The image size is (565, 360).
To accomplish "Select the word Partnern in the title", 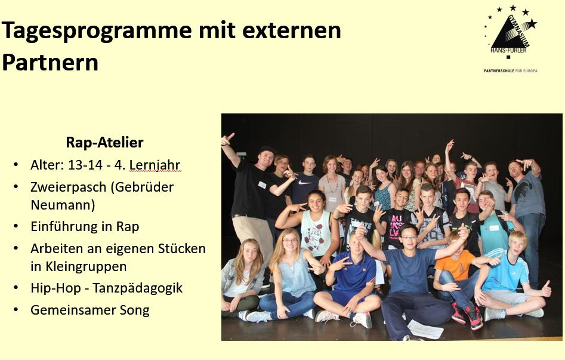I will pos(50,62).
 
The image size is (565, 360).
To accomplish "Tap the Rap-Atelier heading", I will pos(104,143).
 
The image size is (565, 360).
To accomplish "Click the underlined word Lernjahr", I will pos(155,165).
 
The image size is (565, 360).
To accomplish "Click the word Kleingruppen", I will pos(79,266).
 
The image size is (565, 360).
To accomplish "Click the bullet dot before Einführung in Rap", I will pos(16,227).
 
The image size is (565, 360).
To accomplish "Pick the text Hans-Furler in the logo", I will pos(508,51).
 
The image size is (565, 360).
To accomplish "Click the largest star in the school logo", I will pos(531,23).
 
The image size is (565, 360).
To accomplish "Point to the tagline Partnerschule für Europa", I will pos(510,70).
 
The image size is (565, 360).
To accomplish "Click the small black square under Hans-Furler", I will pos(508,57).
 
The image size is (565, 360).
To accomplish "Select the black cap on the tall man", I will pos(267,150).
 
